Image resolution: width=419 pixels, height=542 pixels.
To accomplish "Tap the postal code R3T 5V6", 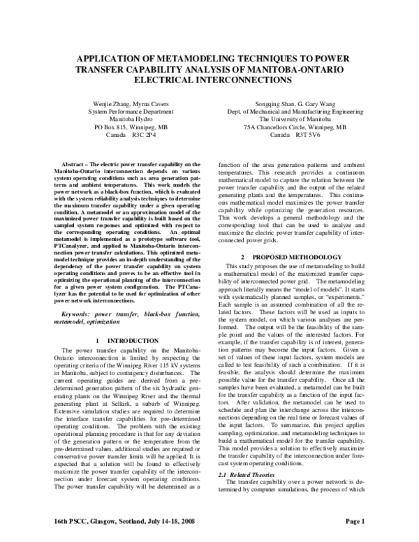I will coord(308,137).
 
